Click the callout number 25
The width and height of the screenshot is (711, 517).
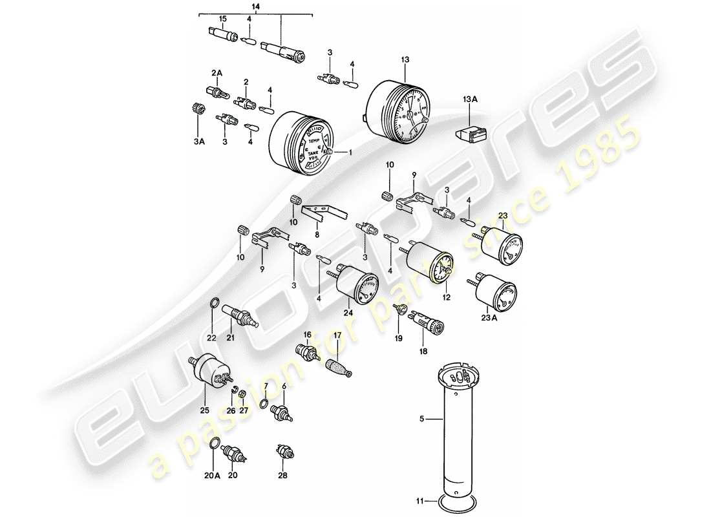(x=205, y=408)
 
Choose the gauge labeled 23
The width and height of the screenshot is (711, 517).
(x=504, y=246)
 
